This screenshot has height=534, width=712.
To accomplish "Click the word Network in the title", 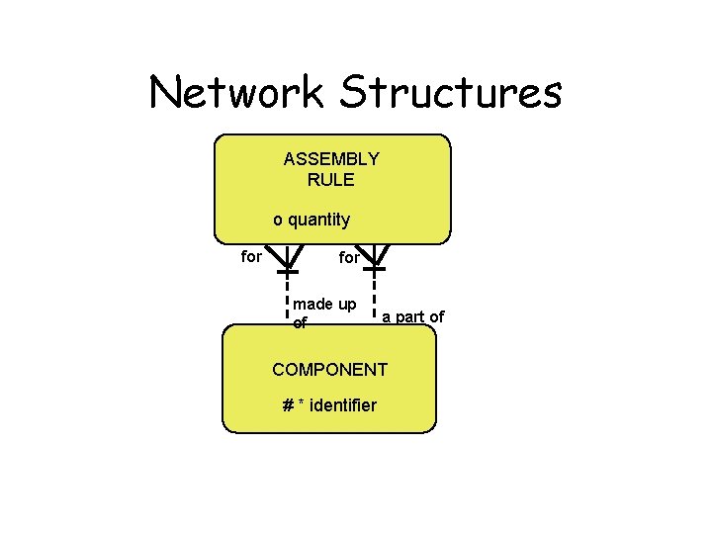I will point(238,93).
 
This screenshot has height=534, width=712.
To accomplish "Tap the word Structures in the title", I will point(451,93).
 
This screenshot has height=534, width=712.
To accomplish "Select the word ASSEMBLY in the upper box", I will point(331,159).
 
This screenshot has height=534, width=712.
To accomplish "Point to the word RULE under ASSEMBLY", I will point(331,180).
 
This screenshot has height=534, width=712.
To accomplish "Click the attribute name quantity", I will point(318,220).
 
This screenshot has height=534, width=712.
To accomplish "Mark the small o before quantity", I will point(278,220).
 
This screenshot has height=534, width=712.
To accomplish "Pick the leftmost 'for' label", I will point(252,257).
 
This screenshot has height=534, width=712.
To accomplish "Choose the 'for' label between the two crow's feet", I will point(349,258).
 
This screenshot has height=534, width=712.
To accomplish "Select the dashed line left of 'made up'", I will point(287,298).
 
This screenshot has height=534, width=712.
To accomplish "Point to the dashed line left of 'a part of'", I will point(376,298).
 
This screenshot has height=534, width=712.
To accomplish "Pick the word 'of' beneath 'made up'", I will point(301,322).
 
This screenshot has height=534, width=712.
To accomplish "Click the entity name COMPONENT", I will point(330,370).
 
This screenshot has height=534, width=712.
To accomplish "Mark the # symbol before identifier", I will point(287,405).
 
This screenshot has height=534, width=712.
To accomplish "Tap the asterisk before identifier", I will point(301,404).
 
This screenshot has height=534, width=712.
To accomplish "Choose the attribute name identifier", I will point(343,405).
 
